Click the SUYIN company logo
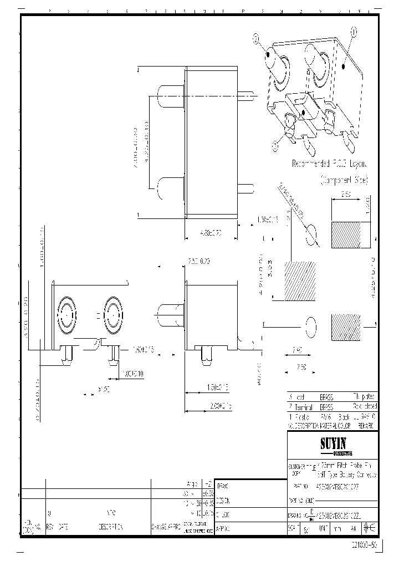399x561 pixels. [331, 443]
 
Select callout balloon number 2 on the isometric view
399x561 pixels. [256, 38]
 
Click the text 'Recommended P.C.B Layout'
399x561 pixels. [330, 164]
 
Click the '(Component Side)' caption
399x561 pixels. [344, 180]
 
